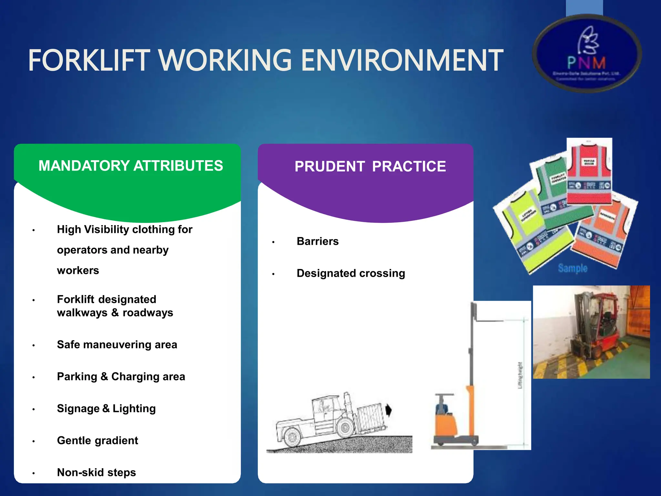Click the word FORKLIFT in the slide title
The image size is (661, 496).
tap(89, 60)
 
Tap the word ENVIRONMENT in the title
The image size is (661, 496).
tap(402, 60)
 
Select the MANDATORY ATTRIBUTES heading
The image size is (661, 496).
tap(131, 166)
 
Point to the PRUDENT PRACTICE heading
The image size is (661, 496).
tap(370, 167)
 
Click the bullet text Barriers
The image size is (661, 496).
tap(318, 241)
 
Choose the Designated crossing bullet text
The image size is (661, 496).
tap(351, 273)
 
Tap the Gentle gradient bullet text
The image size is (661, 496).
tap(97, 440)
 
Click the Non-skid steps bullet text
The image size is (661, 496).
tap(97, 472)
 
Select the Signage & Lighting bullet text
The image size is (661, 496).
tap(106, 408)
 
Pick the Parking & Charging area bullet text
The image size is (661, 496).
tap(121, 377)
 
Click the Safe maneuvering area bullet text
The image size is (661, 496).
tap(117, 345)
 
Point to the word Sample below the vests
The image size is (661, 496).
tap(573, 268)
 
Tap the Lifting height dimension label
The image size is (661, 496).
tap(520, 375)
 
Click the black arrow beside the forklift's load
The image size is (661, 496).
tap(389, 410)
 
